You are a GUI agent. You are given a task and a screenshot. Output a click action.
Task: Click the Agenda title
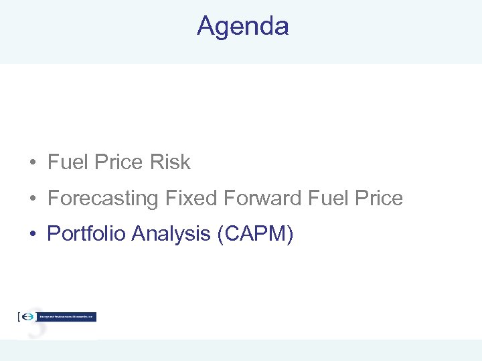pyautogui.click(x=242, y=26)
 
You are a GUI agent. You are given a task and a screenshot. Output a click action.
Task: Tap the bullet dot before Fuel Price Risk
pyautogui.click(x=31, y=162)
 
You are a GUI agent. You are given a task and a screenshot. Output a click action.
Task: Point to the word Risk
pyautogui.click(x=171, y=162)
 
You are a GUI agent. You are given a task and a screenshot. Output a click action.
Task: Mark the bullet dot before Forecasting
pyautogui.click(x=31, y=199)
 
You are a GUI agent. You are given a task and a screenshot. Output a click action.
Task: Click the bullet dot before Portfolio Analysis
pyautogui.click(x=31, y=234)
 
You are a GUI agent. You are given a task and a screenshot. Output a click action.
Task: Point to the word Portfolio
pyautogui.click(x=86, y=233)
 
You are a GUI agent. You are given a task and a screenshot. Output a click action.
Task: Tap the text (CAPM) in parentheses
pyautogui.click(x=256, y=234)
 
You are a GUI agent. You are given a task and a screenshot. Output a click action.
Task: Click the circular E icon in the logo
pyautogui.click(x=29, y=317)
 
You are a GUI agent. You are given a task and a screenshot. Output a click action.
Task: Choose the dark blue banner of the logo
pyautogui.click(x=67, y=317)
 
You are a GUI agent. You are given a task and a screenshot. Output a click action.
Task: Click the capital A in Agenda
pyautogui.click(x=206, y=26)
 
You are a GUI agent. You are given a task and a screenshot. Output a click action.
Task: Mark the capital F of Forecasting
pyautogui.click(x=53, y=198)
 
